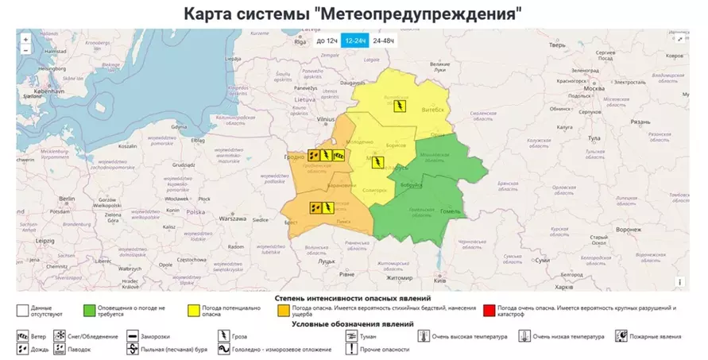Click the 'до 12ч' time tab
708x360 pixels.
click(x=327, y=41)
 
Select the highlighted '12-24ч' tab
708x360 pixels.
click(x=354, y=41)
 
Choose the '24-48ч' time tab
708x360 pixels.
click(x=384, y=41)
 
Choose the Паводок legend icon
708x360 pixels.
click(x=60, y=349)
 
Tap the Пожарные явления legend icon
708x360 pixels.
click(x=621, y=336)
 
